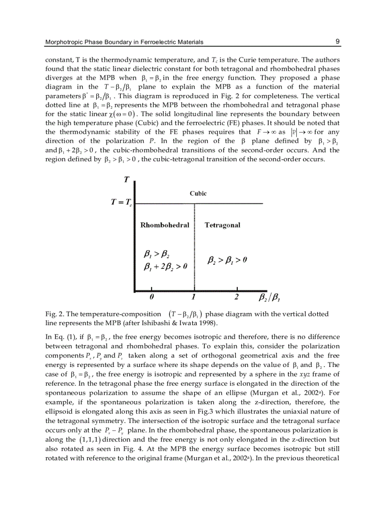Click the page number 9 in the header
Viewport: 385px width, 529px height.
[337, 41]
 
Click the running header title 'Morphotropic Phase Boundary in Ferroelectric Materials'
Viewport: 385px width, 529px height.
[124, 42]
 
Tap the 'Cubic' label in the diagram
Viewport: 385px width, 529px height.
[198, 193]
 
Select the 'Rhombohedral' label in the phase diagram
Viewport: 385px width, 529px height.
[165, 225]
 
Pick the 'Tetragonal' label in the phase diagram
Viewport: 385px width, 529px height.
[222, 225]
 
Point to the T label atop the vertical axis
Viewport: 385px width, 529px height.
[126, 179]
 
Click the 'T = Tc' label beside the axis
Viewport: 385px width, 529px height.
[121, 203]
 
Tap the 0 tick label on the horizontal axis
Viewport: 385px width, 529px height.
[152, 297]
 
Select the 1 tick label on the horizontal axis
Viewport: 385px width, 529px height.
[194, 297]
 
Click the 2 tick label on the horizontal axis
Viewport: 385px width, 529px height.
[236, 297]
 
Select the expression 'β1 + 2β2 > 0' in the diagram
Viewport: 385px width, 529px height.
[165, 267]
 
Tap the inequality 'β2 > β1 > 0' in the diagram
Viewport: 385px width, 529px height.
[228, 260]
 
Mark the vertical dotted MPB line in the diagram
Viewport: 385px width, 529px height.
[194, 245]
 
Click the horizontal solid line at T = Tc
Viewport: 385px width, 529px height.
[226, 203]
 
